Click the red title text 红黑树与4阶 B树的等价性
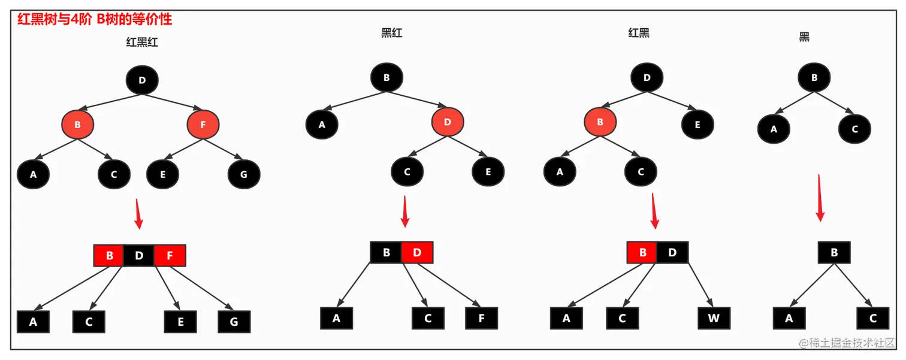tap(95, 19)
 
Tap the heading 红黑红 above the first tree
tap(142, 42)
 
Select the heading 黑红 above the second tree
tap(392, 33)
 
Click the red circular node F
tap(203, 125)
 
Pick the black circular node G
tap(244, 175)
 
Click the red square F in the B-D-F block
tap(170, 256)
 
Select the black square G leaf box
tap(234, 322)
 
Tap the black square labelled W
tap(714, 318)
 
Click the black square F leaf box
tap(481, 318)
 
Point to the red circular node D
tap(448, 122)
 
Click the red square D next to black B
tap(417, 252)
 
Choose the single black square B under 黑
tap(833, 253)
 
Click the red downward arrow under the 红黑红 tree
tap(138, 214)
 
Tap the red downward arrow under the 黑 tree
tap(820, 198)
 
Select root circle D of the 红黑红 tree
tap(142, 80)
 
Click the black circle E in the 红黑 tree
tap(697, 125)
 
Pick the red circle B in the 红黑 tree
tap(600, 122)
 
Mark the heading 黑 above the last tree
tap(804, 37)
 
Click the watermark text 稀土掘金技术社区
tap(851, 343)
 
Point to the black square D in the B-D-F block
tap(139, 256)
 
